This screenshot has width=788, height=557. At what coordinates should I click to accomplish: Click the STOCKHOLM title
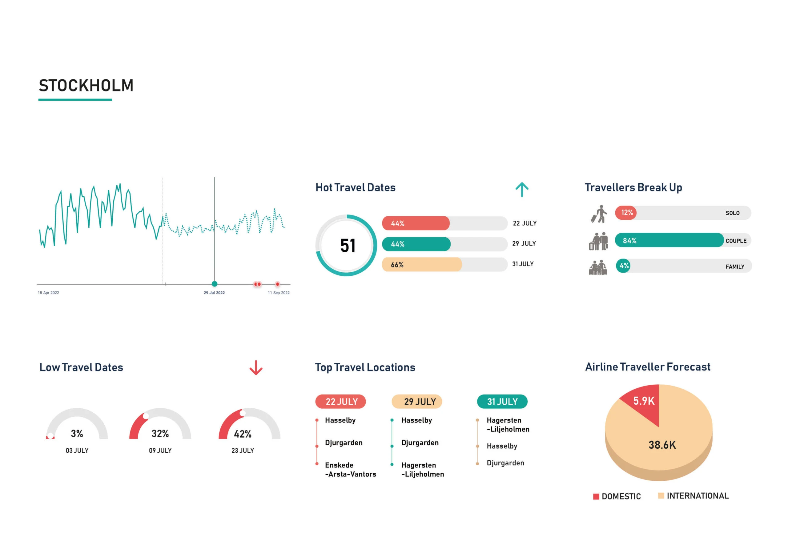tap(86, 86)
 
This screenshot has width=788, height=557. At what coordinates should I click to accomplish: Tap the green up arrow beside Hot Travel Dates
tap(522, 190)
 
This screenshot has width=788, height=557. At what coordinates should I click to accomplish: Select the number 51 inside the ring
tap(348, 246)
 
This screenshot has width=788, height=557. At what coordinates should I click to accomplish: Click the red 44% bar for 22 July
tap(415, 223)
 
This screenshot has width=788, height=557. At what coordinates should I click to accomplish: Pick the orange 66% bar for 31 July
tap(421, 265)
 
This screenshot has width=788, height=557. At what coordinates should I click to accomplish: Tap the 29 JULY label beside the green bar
tap(524, 244)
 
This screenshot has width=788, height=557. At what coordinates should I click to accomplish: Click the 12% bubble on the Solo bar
tap(626, 213)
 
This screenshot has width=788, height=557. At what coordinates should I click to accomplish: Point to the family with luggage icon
tap(597, 267)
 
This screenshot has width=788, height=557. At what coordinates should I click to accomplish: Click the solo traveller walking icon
tap(599, 214)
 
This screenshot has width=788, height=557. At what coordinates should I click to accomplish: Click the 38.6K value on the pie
tap(662, 445)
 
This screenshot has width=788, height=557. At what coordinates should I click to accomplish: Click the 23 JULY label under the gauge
tap(243, 451)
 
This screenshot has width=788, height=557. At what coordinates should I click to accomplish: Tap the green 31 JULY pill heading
tap(502, 402)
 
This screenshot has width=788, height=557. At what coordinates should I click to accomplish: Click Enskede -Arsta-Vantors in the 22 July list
tap(350, 470)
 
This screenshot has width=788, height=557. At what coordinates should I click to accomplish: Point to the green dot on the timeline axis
tap(215, 284)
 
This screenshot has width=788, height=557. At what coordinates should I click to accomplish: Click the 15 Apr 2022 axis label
tap(48, 293)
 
